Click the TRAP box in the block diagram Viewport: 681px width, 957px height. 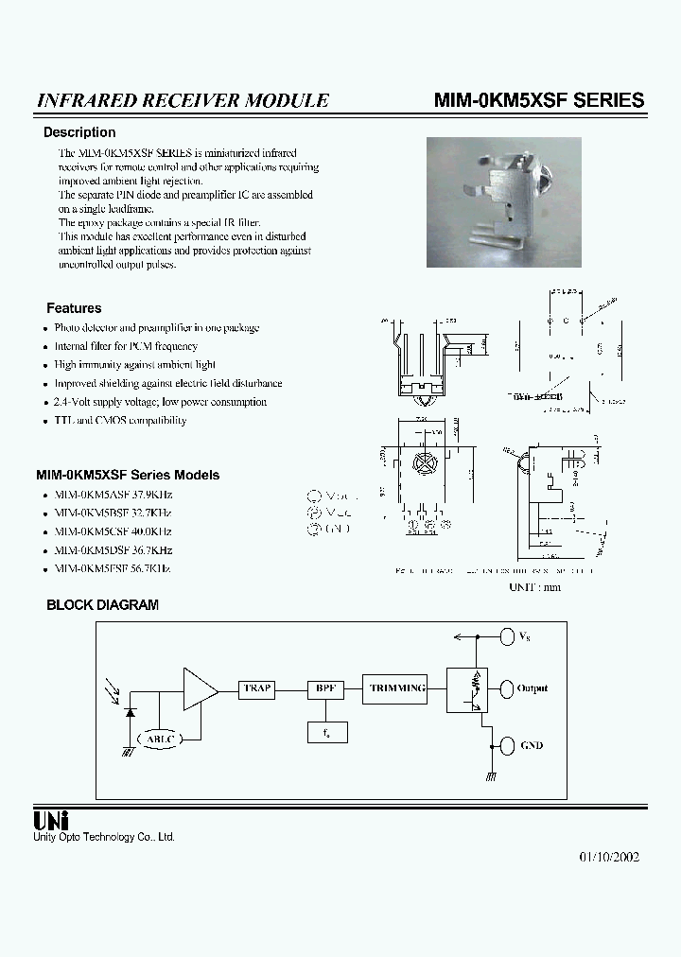(257, 689)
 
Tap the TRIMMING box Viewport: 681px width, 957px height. (398, 688)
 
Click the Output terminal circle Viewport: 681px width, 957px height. (508, 688)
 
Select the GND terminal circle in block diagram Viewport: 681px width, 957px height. (508, 745)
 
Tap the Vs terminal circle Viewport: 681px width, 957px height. (508, 637)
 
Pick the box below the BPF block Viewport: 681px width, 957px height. (326, 730)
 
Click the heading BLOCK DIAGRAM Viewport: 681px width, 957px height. (102, 605)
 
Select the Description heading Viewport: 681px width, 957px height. (79, 132)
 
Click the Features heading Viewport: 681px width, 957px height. (74, 308)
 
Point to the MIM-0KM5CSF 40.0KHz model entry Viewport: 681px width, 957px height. (113, 531)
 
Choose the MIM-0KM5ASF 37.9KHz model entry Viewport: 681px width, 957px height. (113, 495)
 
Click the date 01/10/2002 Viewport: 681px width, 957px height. (609, 857)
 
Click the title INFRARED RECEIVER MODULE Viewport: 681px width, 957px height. (183, 100)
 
